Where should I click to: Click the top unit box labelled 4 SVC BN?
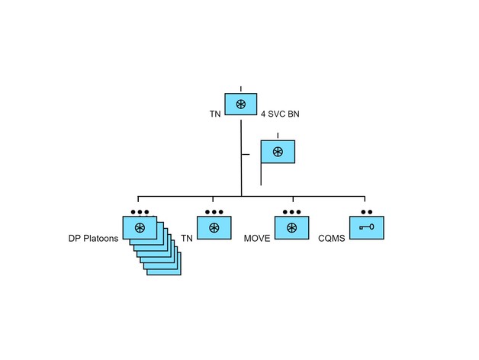point(240,104)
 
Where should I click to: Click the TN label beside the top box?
point(215,114)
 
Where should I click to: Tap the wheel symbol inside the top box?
point(240,104)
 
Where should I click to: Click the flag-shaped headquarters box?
point(278,152)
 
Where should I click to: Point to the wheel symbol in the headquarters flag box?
point(278,152)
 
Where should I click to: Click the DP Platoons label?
point(93,239)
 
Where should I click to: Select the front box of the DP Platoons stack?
point(139,228)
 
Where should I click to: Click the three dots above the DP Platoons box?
point(139,211)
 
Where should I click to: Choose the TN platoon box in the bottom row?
point(214,228)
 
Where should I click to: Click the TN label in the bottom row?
point(187,239)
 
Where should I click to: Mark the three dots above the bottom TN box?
point(214,211)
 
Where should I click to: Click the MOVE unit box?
point(291,228)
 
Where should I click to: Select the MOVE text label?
point(257,239)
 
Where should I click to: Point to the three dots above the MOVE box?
point(291,211)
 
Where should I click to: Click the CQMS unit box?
point(366,228)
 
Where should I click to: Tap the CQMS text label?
point(332,239)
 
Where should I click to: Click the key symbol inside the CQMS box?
point(366,227)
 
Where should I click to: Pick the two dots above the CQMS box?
point(366,211)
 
